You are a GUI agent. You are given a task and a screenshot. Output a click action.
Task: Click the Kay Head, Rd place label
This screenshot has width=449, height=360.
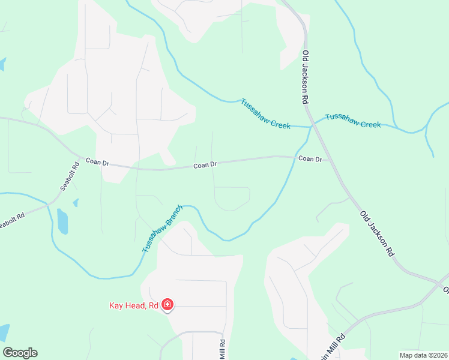[x=133, y=305]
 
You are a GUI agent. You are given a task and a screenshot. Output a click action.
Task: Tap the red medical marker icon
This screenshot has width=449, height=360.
[x=168, y=306]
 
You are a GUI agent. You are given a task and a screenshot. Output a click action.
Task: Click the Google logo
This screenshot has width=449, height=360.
[x=20, y=353]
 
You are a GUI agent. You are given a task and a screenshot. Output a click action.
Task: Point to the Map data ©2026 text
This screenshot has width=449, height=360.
[x=423, y=355]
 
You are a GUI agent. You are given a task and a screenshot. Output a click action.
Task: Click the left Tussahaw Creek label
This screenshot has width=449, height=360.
[x=265, y=113]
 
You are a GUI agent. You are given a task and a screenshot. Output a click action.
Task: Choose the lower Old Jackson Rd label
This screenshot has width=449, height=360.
[x=376, y=234]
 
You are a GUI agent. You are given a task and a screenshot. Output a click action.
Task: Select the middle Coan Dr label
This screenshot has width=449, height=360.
[x=205, y=165]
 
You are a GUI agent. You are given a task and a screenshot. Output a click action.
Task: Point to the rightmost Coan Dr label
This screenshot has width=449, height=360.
[x=310, y=159]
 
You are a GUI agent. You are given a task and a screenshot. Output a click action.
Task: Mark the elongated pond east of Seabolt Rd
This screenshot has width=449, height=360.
[x=62, y=221]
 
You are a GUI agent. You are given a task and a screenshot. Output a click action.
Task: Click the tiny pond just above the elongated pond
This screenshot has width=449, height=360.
[x=76, y=203]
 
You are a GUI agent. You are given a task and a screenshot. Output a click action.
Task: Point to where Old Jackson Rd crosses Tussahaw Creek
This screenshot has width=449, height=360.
[x=311, y=126]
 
